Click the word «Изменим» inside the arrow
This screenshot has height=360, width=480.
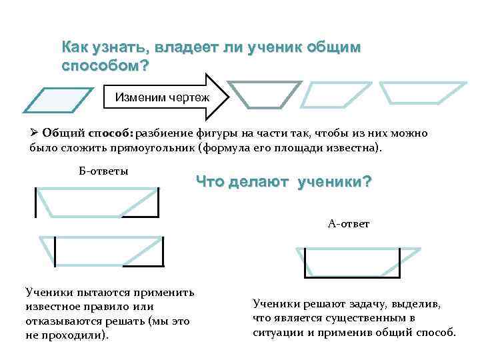(x=137, y=97)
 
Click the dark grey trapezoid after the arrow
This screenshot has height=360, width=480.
(x=265, y=93)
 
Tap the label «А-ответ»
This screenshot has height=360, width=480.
(x=349, y=223)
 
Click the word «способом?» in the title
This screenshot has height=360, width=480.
(x=105, y=67)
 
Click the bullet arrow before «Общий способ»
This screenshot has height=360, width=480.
(x=35, y=133)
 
